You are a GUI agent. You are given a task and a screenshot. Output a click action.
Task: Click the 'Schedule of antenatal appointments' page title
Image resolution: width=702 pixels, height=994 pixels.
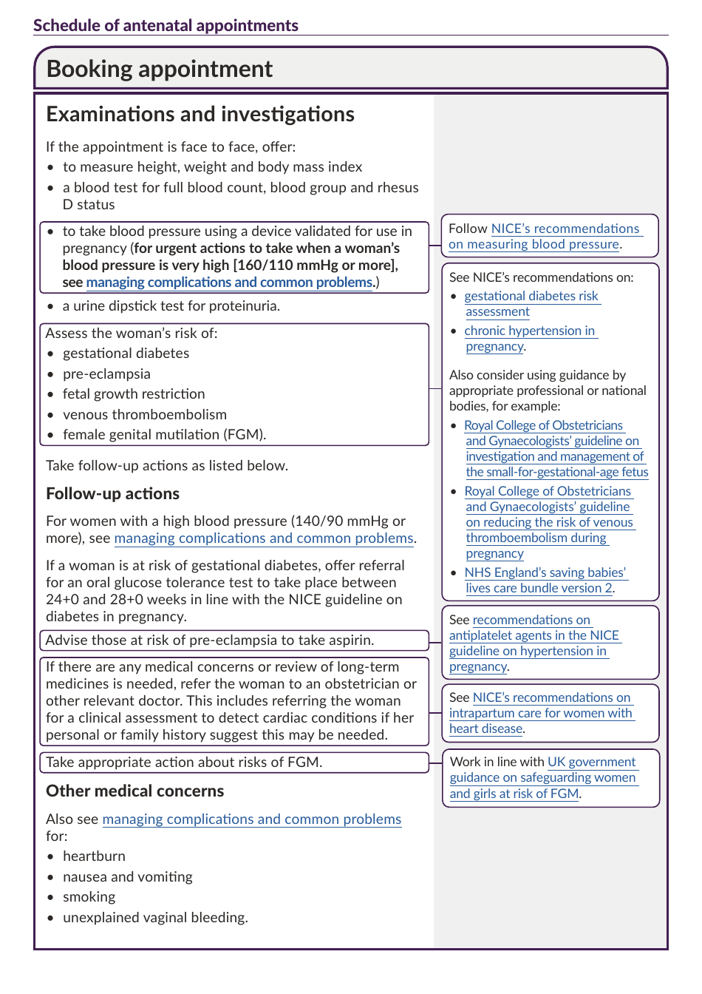click(166, 25)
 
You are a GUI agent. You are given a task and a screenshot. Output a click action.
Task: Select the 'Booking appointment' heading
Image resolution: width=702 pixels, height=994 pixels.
click(159, 69)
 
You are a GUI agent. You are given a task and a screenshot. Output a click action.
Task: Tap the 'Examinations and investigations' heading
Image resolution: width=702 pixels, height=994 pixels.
click(200, 114)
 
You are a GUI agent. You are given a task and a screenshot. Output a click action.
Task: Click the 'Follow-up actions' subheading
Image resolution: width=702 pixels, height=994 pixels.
click(112, 493)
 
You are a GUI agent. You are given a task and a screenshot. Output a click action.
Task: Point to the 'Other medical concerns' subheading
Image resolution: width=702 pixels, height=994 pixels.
click(134, 791)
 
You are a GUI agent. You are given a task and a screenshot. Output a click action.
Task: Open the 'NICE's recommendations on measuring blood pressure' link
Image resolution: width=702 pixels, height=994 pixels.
click(545, 237)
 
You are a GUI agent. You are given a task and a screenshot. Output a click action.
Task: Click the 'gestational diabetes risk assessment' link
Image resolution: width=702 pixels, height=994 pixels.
click(531, 303)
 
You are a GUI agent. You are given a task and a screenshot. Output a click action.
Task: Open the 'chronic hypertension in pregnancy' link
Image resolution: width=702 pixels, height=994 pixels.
click(530, 338)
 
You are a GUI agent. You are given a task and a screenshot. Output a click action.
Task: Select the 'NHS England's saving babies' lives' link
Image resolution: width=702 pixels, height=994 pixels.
click(545, 580)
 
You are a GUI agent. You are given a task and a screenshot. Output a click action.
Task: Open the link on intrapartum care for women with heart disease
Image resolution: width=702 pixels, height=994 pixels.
click(542, 713)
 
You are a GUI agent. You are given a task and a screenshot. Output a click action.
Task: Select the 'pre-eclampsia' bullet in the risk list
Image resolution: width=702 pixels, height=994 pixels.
click(106, 373)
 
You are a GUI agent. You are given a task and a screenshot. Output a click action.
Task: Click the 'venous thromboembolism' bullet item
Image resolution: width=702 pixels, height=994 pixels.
click(144, 414)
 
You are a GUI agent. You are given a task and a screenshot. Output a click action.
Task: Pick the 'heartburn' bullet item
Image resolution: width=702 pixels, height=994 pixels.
click(94, 856)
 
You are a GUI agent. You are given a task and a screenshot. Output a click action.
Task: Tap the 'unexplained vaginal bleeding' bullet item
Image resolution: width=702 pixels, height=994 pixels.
click(155, 917)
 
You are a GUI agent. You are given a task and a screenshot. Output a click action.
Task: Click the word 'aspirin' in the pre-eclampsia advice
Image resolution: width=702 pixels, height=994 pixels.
click(351, 640)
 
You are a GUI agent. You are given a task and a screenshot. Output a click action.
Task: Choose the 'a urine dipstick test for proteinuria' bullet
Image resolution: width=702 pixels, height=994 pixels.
click(171, 305)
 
